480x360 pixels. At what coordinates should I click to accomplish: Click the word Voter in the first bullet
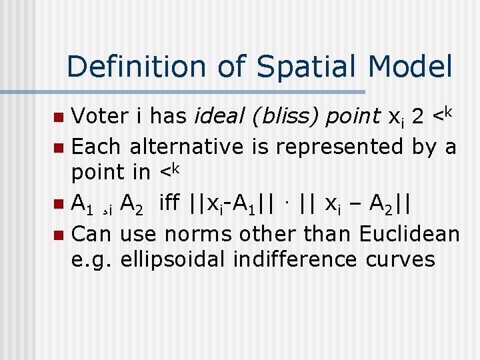point(99,117)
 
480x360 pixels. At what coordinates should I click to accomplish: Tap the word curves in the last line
point(401,259)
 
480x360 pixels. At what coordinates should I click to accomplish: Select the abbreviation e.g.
point(93,259)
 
